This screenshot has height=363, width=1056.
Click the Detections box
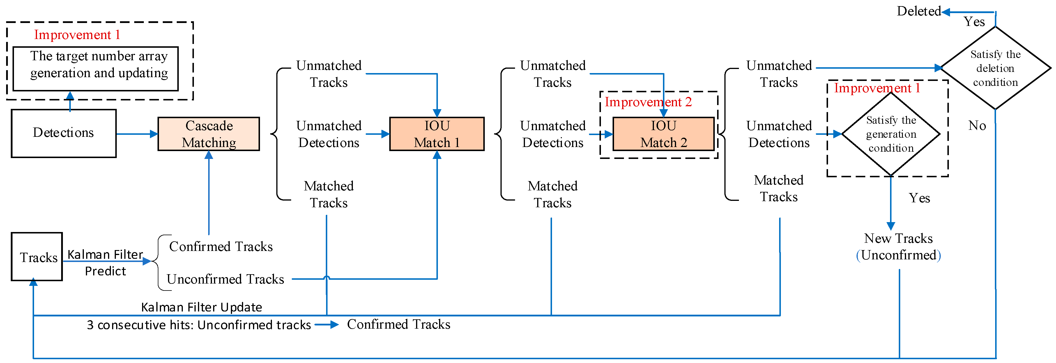[63, 133]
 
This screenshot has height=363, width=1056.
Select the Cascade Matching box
[209, 134]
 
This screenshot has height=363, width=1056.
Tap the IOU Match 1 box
[437, 134]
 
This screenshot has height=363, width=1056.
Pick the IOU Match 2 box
[663, 134]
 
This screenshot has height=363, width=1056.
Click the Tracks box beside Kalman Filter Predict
[37, 257]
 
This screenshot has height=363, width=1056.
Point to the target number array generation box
[96, 68]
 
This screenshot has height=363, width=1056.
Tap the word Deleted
[918, 11]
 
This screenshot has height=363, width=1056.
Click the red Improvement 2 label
[648, 102]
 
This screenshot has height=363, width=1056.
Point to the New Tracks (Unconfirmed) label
[898, 247]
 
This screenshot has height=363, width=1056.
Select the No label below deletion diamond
[977, 125]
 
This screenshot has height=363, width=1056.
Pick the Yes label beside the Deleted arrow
[974, 22]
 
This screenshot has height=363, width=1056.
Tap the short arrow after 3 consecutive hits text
[327, 325]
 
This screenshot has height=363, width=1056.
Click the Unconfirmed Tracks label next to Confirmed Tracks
[225, 279]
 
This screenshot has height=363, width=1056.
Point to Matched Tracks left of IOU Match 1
[328, 194]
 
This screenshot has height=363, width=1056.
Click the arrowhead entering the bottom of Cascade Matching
[209, 155]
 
